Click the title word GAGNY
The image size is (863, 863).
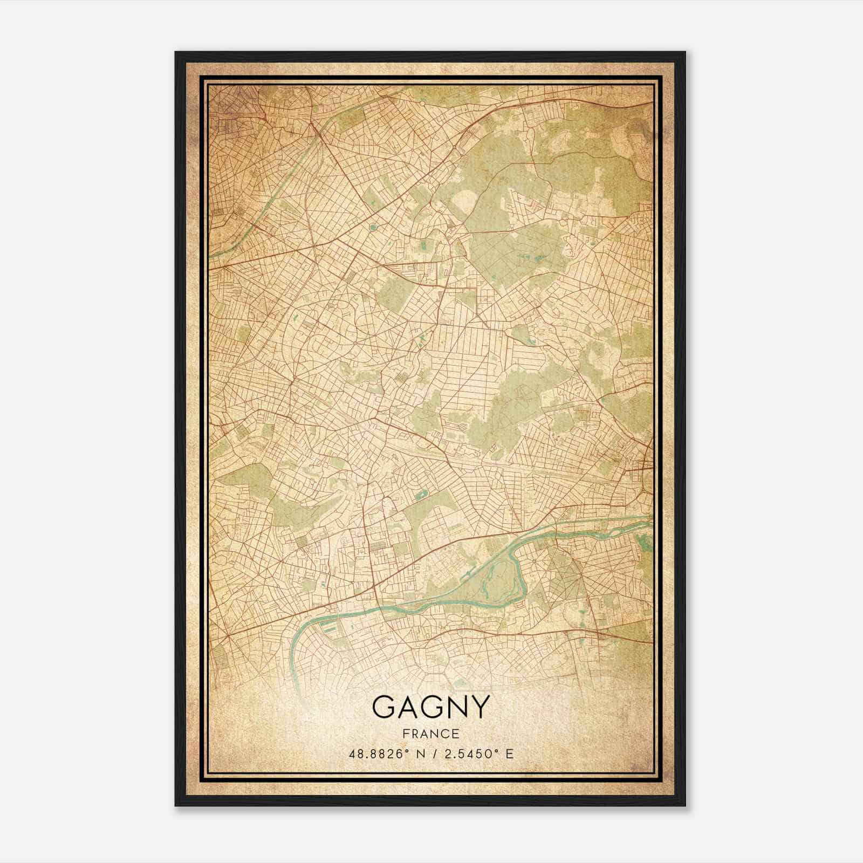pyautogui.click(x=431, y=707)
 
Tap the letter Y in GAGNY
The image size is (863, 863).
pyautogui.click(x=479, y=707)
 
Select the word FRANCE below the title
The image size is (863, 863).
pyautogui.click(x=431, y=734)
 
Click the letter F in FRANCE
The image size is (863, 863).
pyautogui.click(x=405, y=734)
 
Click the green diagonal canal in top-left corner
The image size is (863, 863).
pyautogui.click(x=270, y=194)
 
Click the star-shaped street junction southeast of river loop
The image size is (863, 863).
pyautogui.click(x=533, y=561)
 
